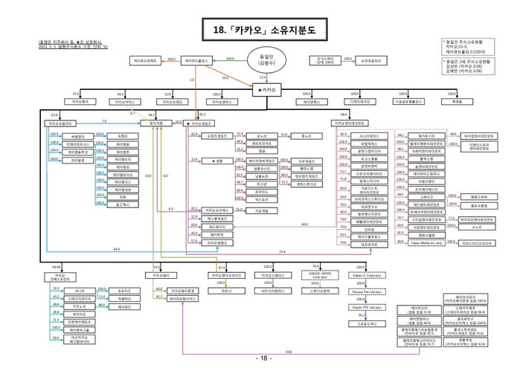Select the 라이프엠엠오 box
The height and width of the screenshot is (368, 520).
[x=217, y=242]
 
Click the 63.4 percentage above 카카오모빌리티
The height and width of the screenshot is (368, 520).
[x=54, y=114]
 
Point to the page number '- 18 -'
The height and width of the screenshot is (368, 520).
[x=260, y=358]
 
